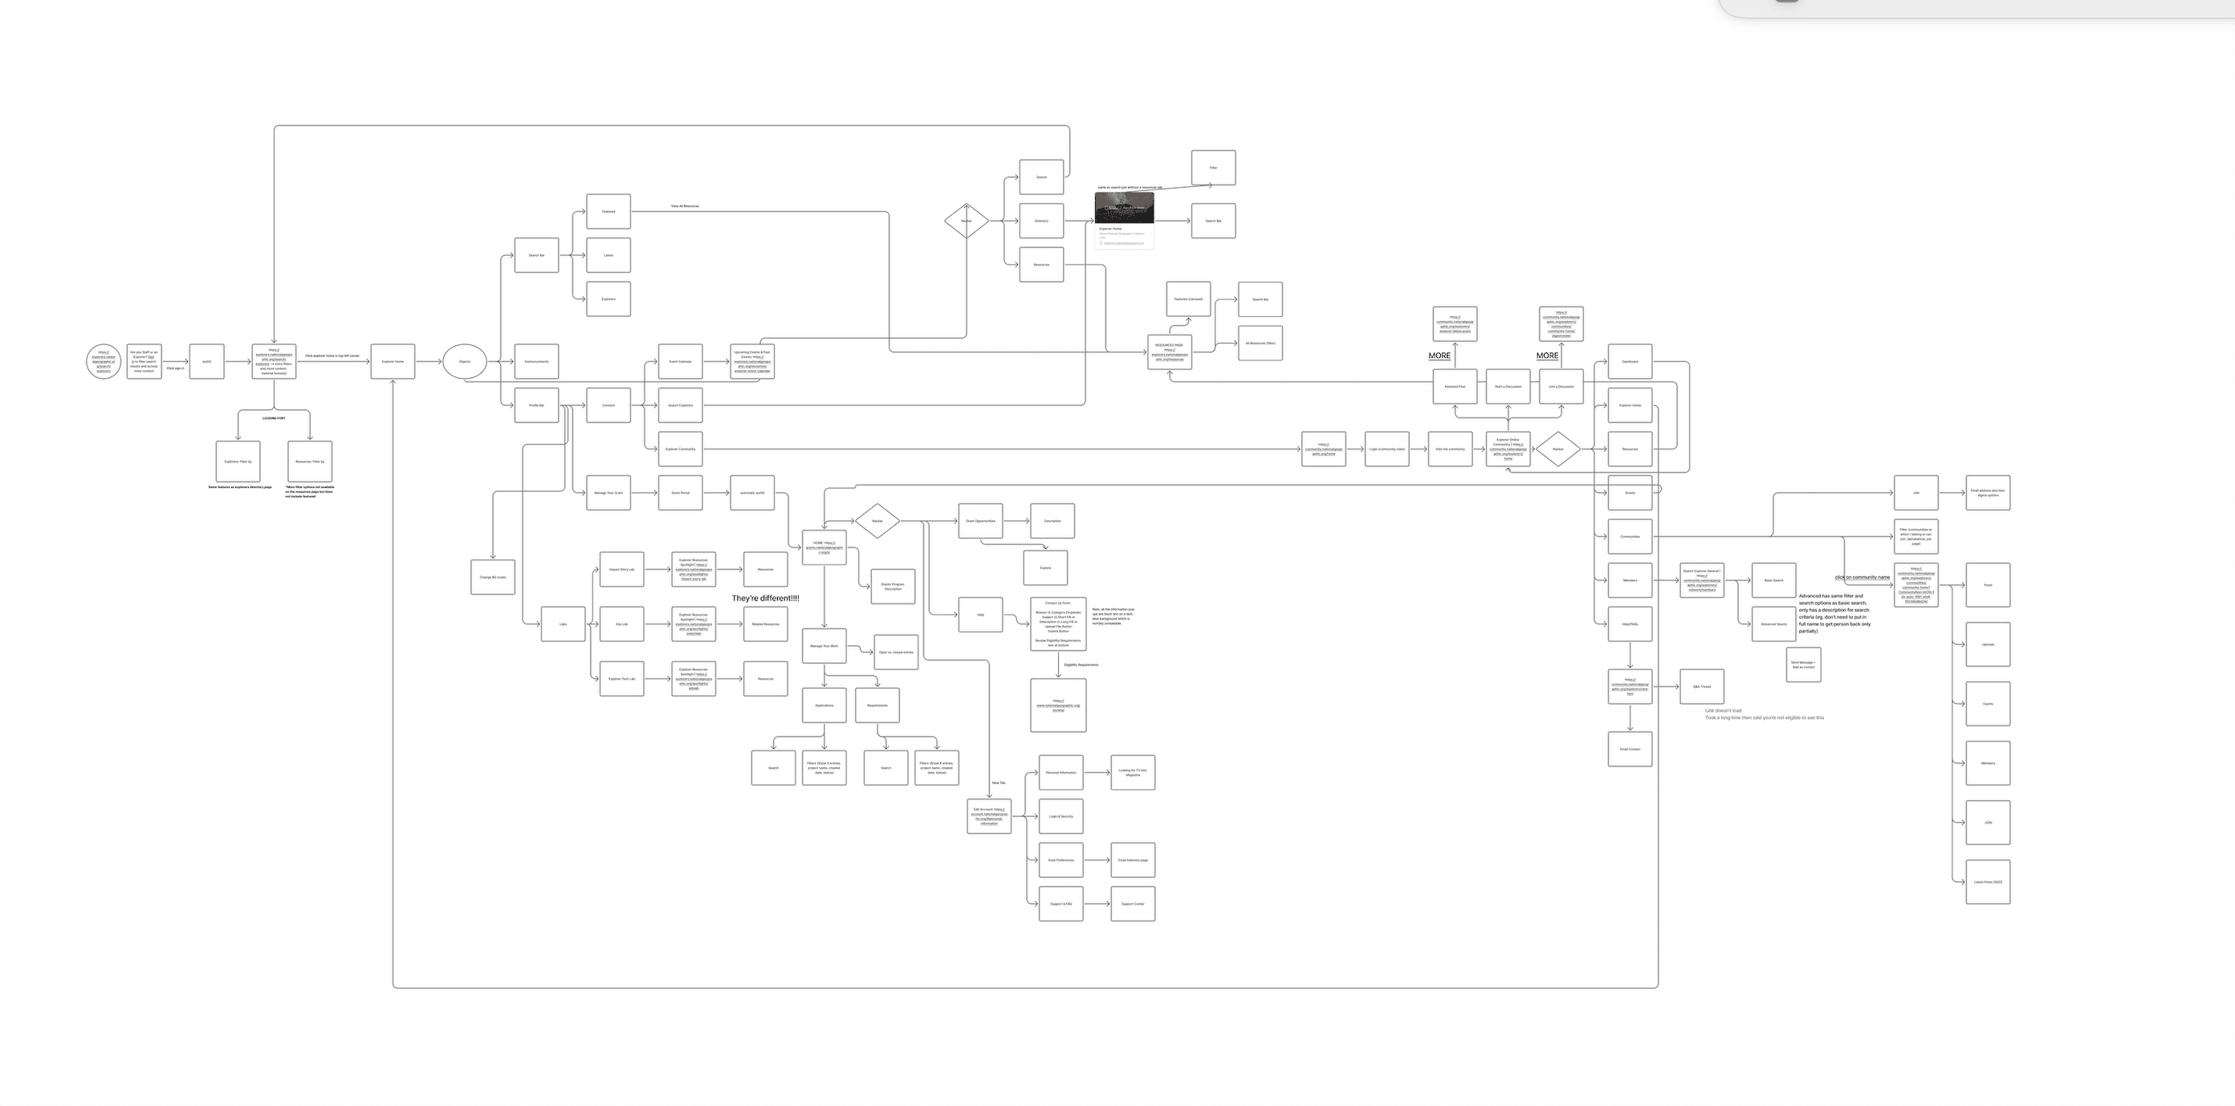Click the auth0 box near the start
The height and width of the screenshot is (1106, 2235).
pos(206,362)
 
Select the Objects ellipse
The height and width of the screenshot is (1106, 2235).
pos(464,362)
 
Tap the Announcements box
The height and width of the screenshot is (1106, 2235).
pos(536,362)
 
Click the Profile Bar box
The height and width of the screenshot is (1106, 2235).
pos(536,405)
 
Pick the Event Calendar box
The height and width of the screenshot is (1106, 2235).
pos(680,362)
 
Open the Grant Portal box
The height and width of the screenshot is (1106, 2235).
pos(680,493)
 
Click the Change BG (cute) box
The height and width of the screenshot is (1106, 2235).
pos(493,577)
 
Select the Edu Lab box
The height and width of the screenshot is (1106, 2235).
pos(621,624)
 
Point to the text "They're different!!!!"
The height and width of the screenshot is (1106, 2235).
pos(765,599)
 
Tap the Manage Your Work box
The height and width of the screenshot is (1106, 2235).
pos(824,646)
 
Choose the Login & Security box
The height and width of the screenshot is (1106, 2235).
pos(1061,816)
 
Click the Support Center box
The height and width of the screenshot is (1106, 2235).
pos(1133,904)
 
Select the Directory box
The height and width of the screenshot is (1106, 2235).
pos(1041,222)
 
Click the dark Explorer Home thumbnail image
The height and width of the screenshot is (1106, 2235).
pos(1125,207)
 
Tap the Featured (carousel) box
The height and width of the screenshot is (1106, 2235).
pos(1189,299)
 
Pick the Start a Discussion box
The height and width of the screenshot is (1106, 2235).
pos(1508,387)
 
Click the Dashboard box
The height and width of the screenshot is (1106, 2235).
pos(1630,362)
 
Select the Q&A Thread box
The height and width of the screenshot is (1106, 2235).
pos(1702,687)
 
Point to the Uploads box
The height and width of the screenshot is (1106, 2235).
pos(1988,644)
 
